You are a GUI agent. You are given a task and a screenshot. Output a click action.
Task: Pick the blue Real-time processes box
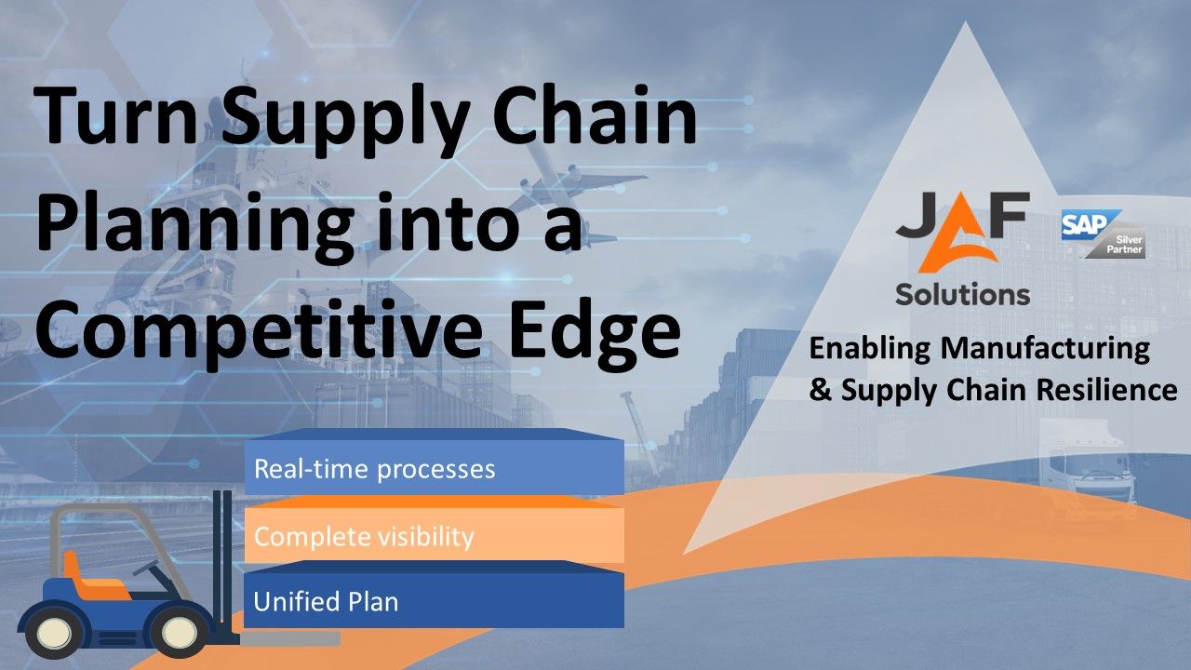(x=434, y=468)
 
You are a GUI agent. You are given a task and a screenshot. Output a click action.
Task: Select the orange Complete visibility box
(x=434, y=536)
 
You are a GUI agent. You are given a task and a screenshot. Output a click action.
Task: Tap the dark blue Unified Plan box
(x=434, y=601)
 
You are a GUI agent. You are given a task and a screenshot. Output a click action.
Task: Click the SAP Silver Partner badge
(x=1104, y=234)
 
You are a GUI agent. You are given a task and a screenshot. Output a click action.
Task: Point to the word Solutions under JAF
(x=962, y=294)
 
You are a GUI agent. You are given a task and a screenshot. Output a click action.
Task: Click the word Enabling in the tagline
(x=870, y=349)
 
